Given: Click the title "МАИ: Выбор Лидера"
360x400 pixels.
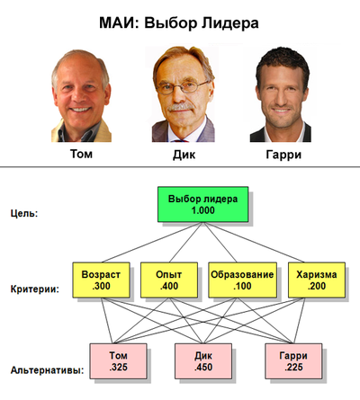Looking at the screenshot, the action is click(179, 23).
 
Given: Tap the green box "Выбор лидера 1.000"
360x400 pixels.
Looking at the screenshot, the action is click(203, 204).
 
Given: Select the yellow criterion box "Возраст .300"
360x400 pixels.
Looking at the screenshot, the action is click(101, 280).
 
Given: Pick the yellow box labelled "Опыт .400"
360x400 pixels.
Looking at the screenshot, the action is click(169, 280).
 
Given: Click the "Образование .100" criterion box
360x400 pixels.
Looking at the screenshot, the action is click(242, 280).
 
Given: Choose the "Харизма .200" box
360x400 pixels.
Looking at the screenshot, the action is click(317, 280).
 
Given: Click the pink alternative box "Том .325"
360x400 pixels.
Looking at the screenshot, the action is click(118, 361).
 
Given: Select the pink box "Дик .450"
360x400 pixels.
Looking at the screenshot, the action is click(203, 361).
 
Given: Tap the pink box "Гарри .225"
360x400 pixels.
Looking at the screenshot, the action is click(293, 361).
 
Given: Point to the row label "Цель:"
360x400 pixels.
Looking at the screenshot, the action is click(24, 214).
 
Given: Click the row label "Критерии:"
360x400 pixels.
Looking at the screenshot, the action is click(35, 289).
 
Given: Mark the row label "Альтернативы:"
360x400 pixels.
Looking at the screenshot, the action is click(47, 370).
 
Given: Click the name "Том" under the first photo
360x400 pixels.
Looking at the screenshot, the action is click(81, 154).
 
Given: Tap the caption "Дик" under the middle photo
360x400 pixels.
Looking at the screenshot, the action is click(184, 155).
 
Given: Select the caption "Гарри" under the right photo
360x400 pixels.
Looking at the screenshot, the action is click(283, 155).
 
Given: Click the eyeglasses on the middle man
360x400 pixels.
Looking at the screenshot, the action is click(182, 87).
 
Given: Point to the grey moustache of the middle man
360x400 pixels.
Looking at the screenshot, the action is click(181, 107).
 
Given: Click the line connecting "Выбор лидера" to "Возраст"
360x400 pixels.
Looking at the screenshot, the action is click(152, 243).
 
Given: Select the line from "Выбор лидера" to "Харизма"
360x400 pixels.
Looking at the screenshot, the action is click(254, 243).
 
